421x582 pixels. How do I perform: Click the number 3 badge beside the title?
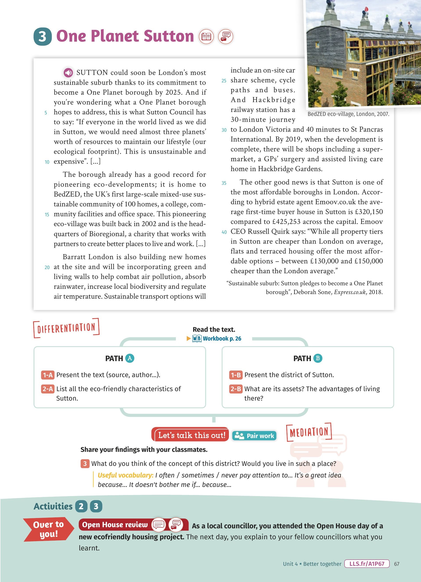[x=42, y=36]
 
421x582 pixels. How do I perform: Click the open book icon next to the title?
[x=206, y=36]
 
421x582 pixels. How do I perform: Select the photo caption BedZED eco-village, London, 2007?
[x=348, y=114]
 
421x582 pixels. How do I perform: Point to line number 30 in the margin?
[x=224, y=130]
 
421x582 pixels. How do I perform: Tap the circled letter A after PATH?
[x=130, y=358]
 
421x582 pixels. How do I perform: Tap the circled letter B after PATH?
[x=318, y=358]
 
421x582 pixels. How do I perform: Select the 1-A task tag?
[x=48, y=375]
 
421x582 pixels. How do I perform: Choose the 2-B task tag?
[x=235, y=389]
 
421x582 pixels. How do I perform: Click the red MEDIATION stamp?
[x=309, y=432]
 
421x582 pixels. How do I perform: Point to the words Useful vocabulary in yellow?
[x=125, y=475]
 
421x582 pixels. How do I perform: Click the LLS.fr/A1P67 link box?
[x=367, y=564]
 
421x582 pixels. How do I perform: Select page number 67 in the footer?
[x=397, y=564]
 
